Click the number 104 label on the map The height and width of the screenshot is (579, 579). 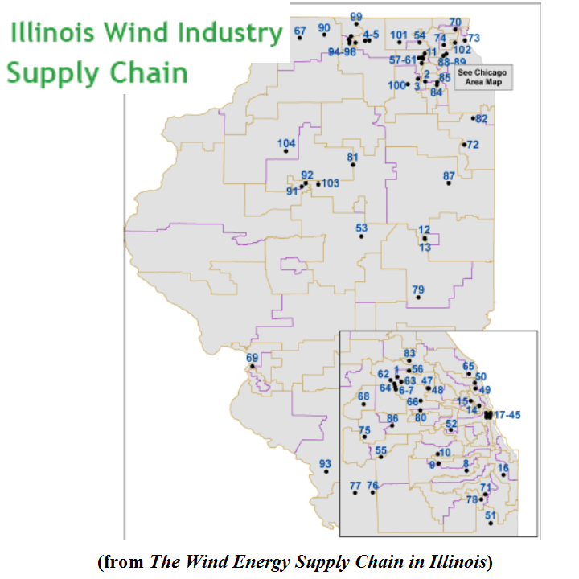point(287,144)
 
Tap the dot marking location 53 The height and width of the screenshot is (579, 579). point(362,236)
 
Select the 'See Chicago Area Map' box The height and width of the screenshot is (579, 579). point(482,77)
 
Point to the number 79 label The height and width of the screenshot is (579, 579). point(418,289)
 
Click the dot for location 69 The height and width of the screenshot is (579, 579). point(253,367)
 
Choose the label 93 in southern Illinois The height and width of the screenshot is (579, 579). point(325,463)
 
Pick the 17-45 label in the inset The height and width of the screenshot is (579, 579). point(508,414)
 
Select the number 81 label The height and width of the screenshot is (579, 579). point(352,157)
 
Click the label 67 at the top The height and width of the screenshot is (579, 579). point(300,31)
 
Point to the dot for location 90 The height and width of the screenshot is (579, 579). point(324,35)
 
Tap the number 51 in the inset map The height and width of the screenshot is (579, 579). point(491,515)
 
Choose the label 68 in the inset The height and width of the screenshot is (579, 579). point(363,396)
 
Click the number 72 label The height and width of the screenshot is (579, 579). point(473,145)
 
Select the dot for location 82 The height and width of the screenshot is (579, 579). point(474,119)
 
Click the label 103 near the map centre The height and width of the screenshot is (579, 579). point(331,183)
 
